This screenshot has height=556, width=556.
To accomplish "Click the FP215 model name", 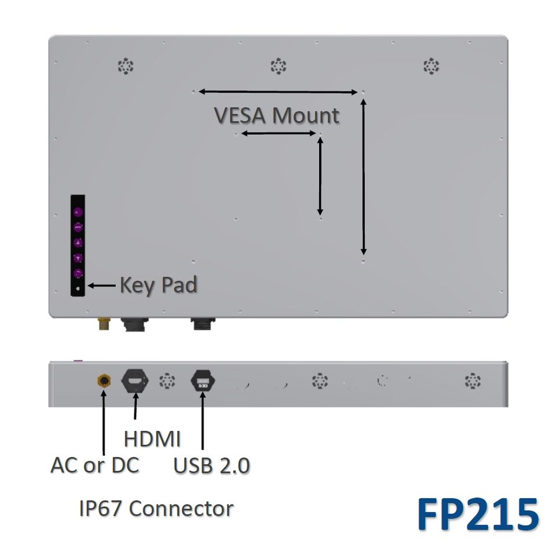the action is click(478, 514).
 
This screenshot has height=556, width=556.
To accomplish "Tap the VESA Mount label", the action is click(277, 115).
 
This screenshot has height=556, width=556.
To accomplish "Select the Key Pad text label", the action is click(158, 285).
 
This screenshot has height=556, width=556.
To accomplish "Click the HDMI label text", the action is click(152, 439).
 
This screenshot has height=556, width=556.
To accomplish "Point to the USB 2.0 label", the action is click(212, 466).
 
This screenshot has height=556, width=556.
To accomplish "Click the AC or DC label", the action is click(95, 465).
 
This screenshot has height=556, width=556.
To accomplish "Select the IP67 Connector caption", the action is click(156, 509).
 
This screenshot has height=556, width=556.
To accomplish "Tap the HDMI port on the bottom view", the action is click(135, 382).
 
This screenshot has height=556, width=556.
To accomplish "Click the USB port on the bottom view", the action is click(203, 382).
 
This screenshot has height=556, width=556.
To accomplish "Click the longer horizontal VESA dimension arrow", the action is click(278, 92).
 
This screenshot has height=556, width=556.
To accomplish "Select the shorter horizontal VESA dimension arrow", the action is click(278, 134).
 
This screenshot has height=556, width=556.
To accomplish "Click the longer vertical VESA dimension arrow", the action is click(363, 177).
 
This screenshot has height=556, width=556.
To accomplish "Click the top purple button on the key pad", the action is click(78, 212).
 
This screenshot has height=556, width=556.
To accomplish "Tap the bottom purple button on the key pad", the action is click(78, 273).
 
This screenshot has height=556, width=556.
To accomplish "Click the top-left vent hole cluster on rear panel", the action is click(126, 66).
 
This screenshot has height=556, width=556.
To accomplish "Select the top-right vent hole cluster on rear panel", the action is click(431, 66).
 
